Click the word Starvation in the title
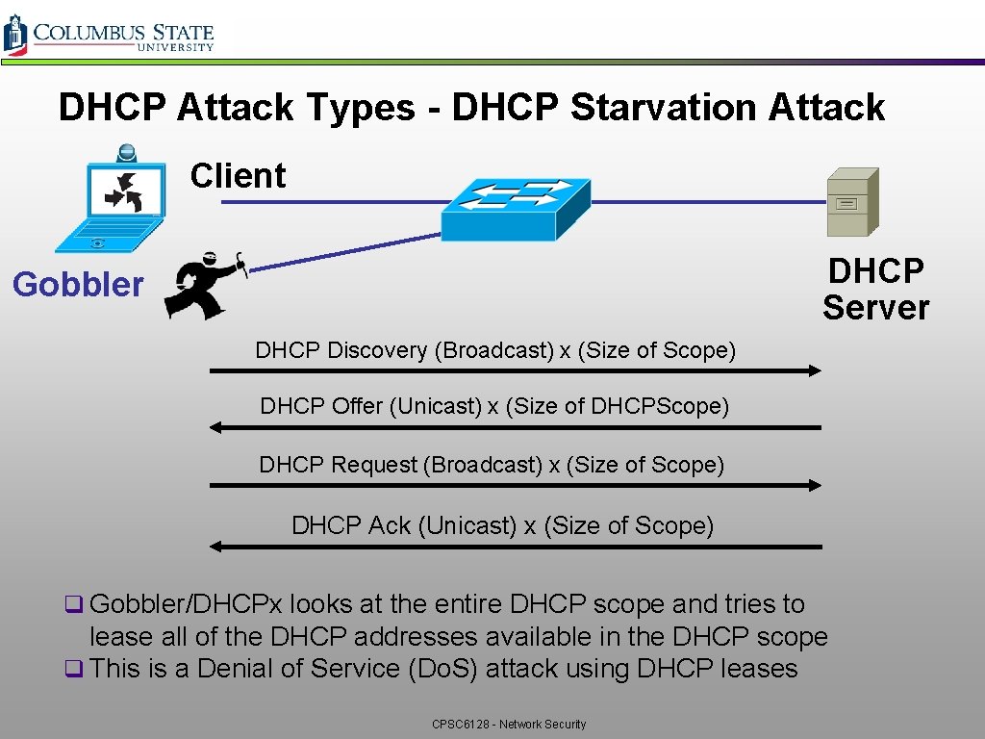point(664,107)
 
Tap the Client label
point(238,176)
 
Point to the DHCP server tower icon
point(853,202)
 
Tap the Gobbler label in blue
point(78,285)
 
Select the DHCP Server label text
point(875,289)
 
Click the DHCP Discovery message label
point(495,350)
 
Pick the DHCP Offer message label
point(494,406)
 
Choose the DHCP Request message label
point(492,465)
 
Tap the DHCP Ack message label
point(502,525)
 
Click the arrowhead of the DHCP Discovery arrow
point(815,370)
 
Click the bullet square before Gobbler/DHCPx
point(71,605)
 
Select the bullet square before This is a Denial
point(71,669)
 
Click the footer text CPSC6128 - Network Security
point(509,724)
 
